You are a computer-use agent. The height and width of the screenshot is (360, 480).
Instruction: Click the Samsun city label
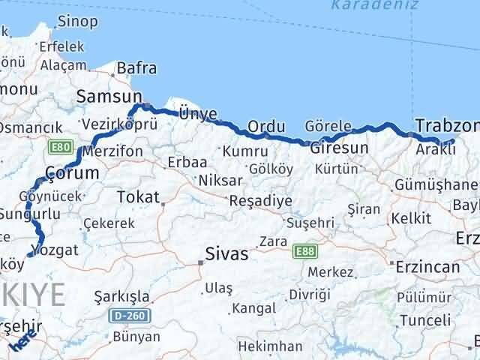[x=109, y=97]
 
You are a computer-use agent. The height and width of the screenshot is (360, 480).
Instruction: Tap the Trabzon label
[x=447, y=125]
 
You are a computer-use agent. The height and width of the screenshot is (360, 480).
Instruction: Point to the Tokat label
[x=138, y=197]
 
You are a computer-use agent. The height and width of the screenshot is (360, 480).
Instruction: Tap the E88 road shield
[x=304, y=250]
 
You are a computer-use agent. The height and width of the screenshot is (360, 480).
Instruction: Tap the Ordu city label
[x=266, y=126]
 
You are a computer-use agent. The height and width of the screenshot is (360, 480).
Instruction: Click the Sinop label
[x=78, y=21]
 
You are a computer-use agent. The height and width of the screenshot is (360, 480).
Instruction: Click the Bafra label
[x=137, y=69]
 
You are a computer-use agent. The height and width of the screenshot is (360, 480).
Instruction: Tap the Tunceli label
[x=425, y=320]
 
